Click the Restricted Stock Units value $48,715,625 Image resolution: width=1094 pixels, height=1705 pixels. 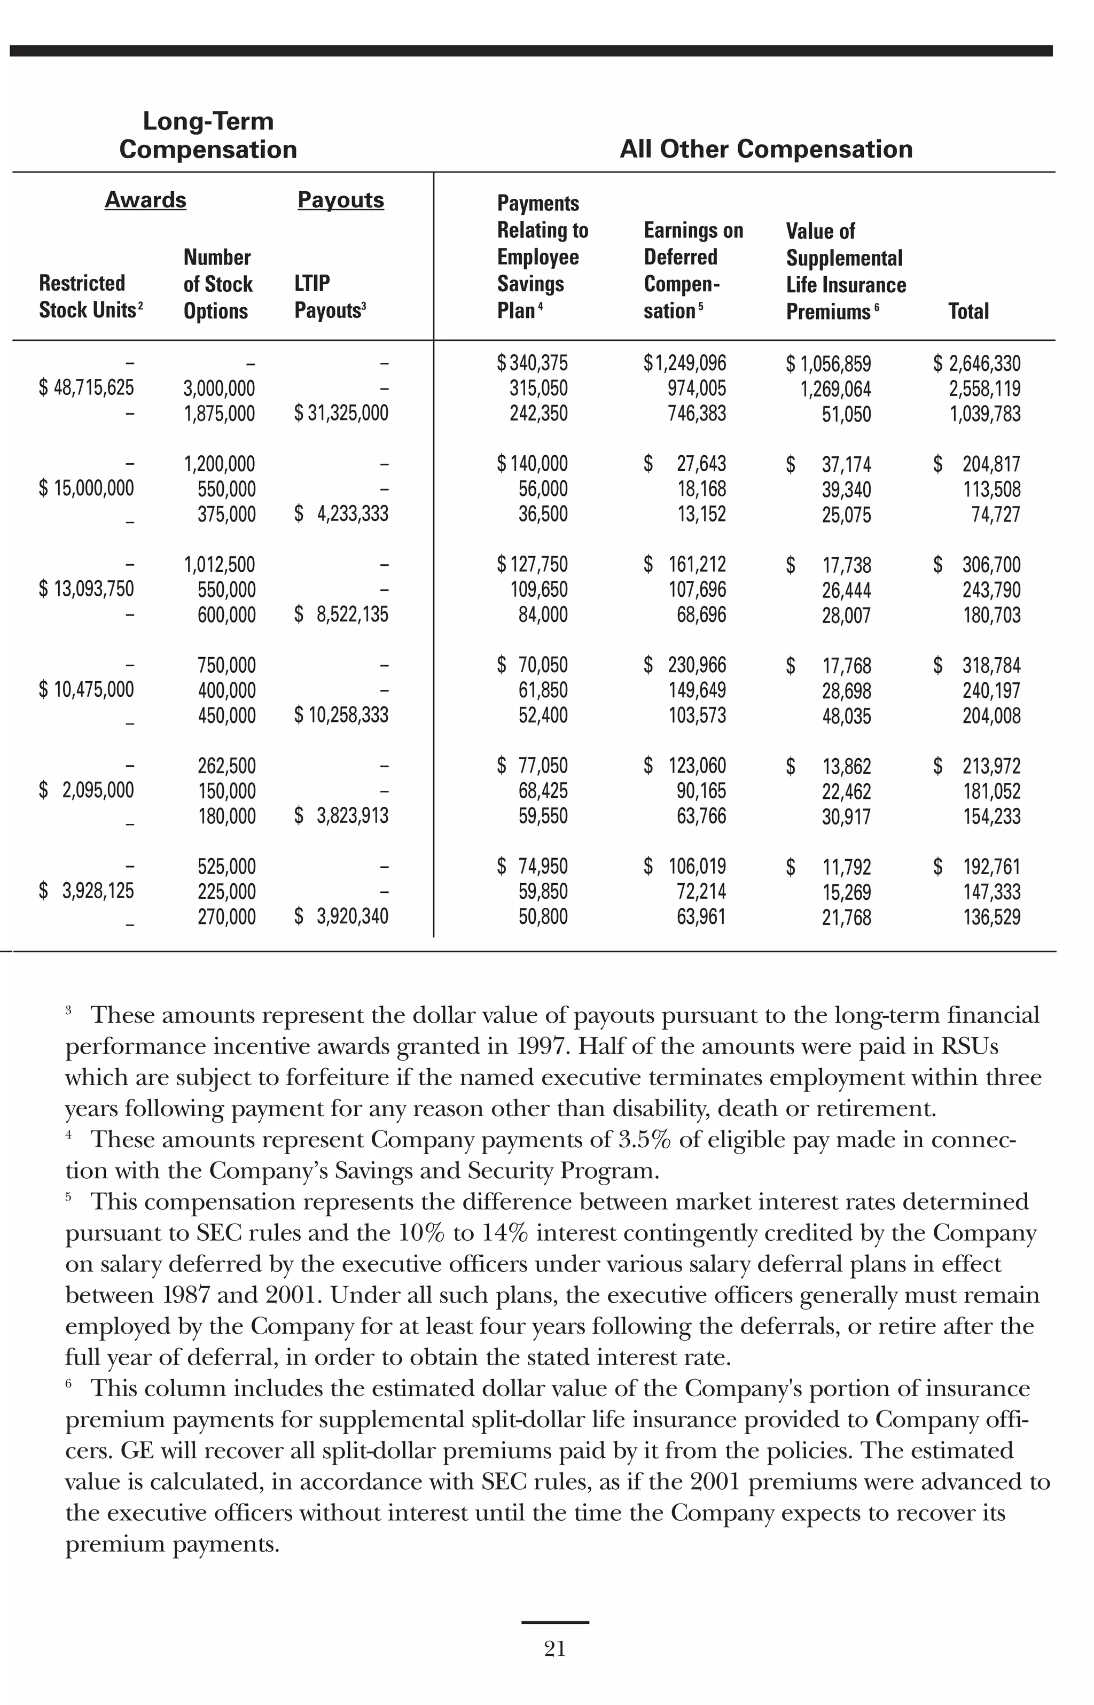pos(86,388)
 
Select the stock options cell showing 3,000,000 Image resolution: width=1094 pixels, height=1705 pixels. pos(219,388)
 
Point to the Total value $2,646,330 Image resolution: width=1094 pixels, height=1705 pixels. pos(977,364)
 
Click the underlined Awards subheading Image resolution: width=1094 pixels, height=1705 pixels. pos(146,200)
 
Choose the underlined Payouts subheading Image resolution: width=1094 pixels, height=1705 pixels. pos(340,200)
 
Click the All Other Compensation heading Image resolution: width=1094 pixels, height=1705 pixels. pos(766,149)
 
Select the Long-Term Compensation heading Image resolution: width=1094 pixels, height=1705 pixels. pos(208,135)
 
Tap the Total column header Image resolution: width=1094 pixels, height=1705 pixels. pos(968,311)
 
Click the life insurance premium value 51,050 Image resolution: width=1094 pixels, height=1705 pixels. pos(846,414)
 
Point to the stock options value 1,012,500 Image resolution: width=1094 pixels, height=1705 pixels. pos(220,565)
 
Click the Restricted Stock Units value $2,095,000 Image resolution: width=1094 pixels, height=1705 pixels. pos(86,790)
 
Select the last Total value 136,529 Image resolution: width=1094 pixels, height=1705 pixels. pos(991,916)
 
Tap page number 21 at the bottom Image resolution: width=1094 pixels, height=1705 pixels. pos(555,1649)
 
